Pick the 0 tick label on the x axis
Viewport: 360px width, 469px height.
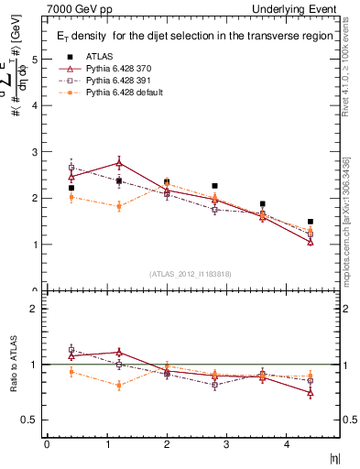(47, 444)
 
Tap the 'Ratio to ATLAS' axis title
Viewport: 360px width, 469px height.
(12, 366)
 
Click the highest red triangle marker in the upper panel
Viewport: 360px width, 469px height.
(119, 163)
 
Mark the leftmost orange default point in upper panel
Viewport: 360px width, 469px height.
(71, 197)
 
